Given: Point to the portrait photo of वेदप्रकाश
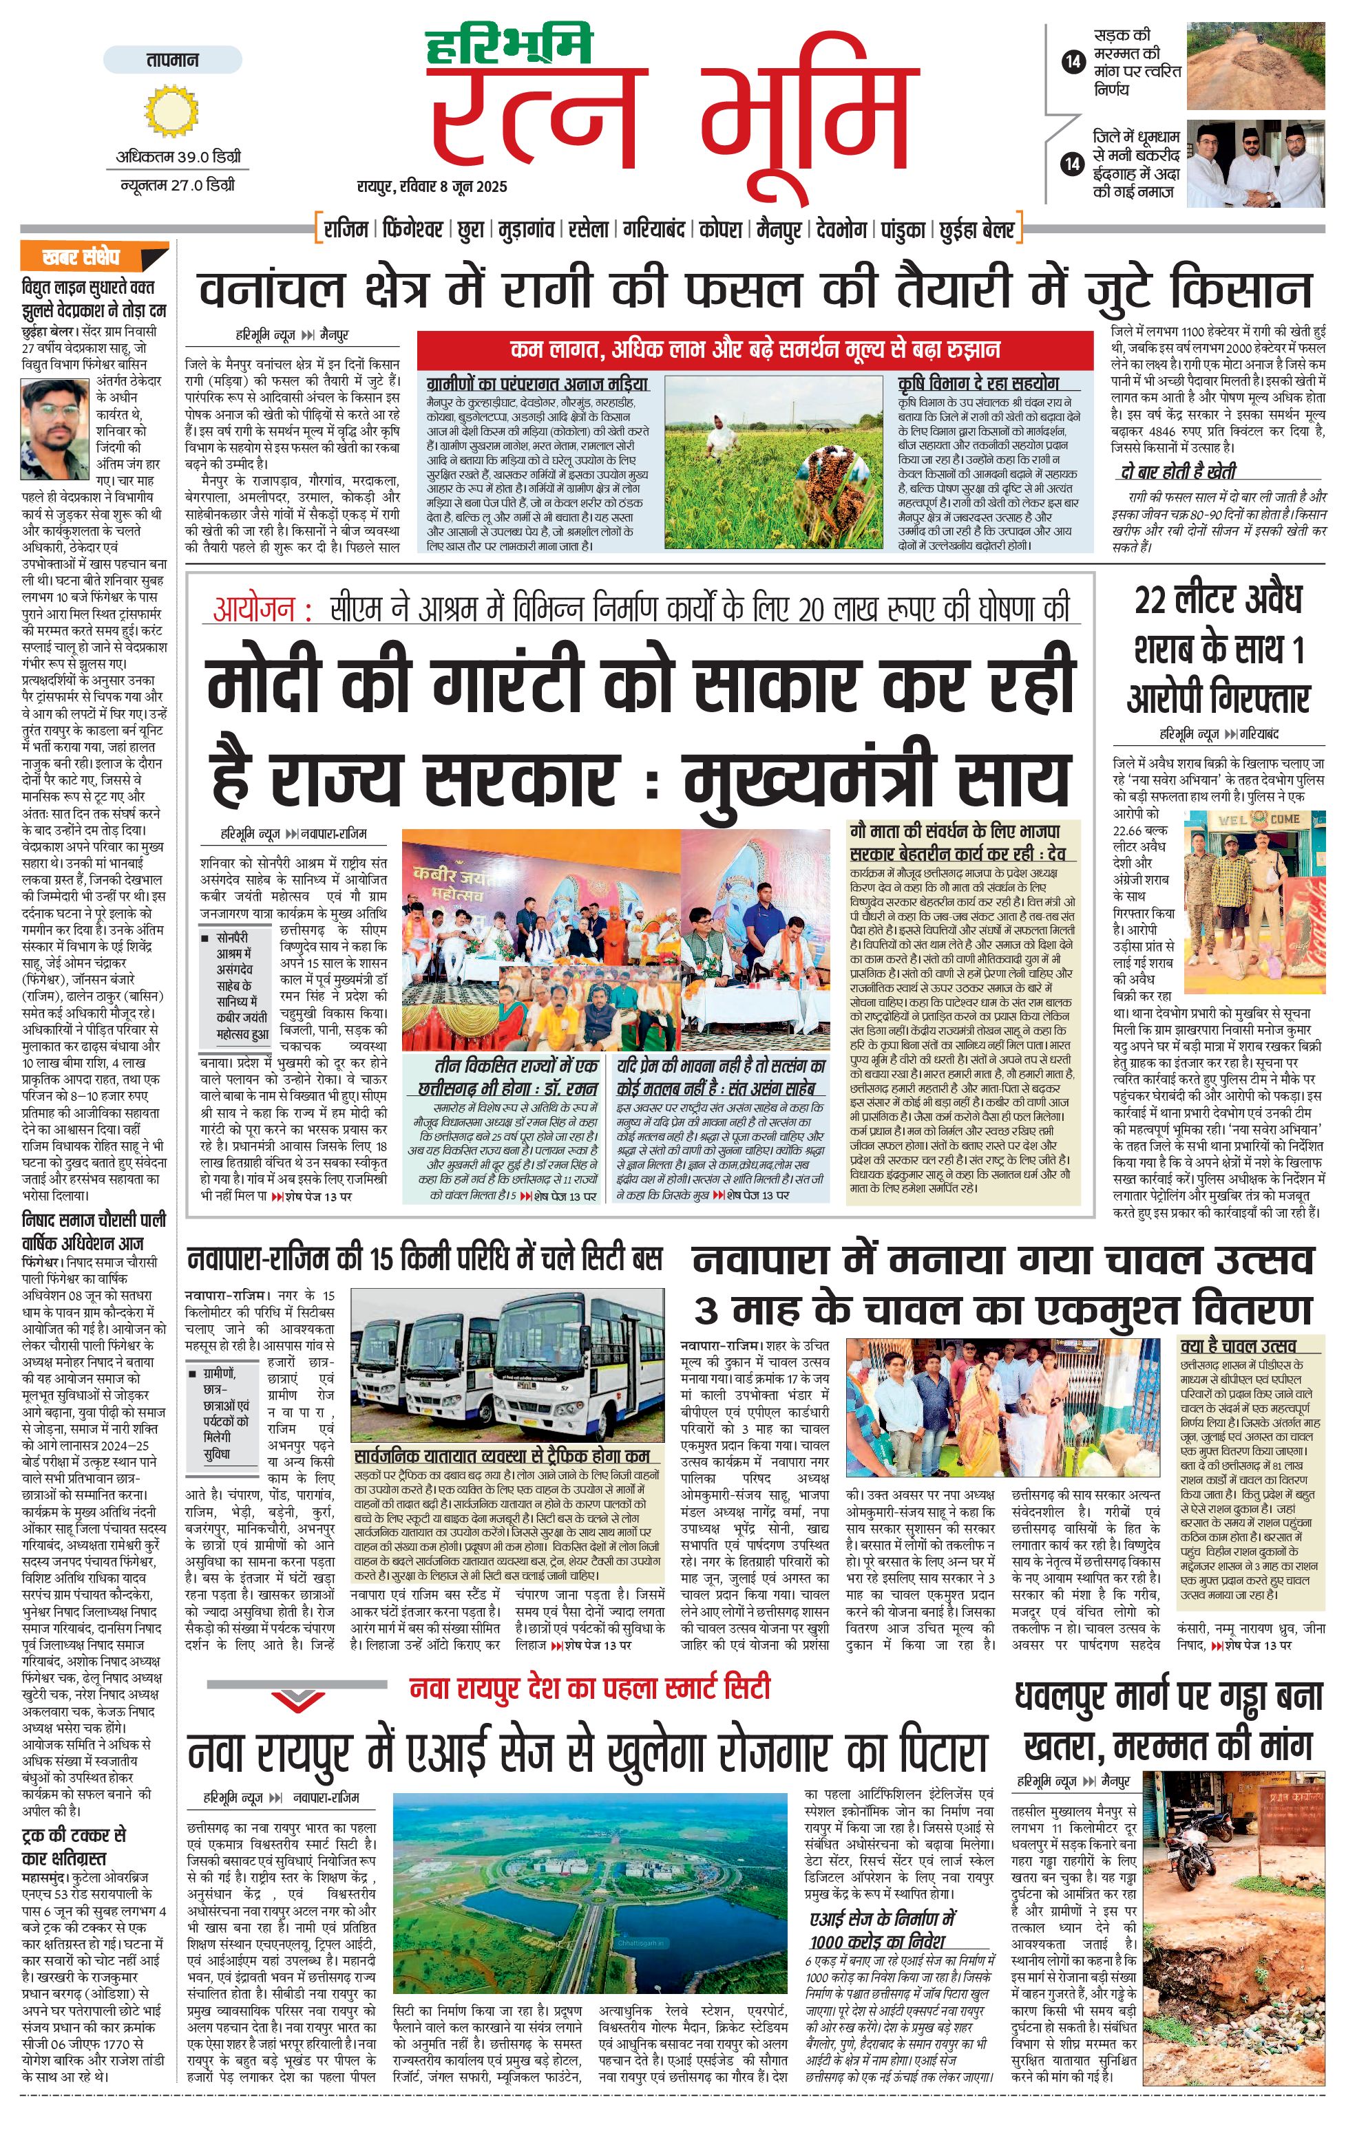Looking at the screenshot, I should click(x=55, y=428).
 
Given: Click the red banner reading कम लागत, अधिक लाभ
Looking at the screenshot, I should click(x=755, y=349).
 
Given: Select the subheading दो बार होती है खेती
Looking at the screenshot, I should click(x=1177, y=471).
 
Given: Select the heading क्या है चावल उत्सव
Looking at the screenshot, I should click(x=1238, y=1347).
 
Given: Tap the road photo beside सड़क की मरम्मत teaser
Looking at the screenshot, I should click(x=1256, y=67).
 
